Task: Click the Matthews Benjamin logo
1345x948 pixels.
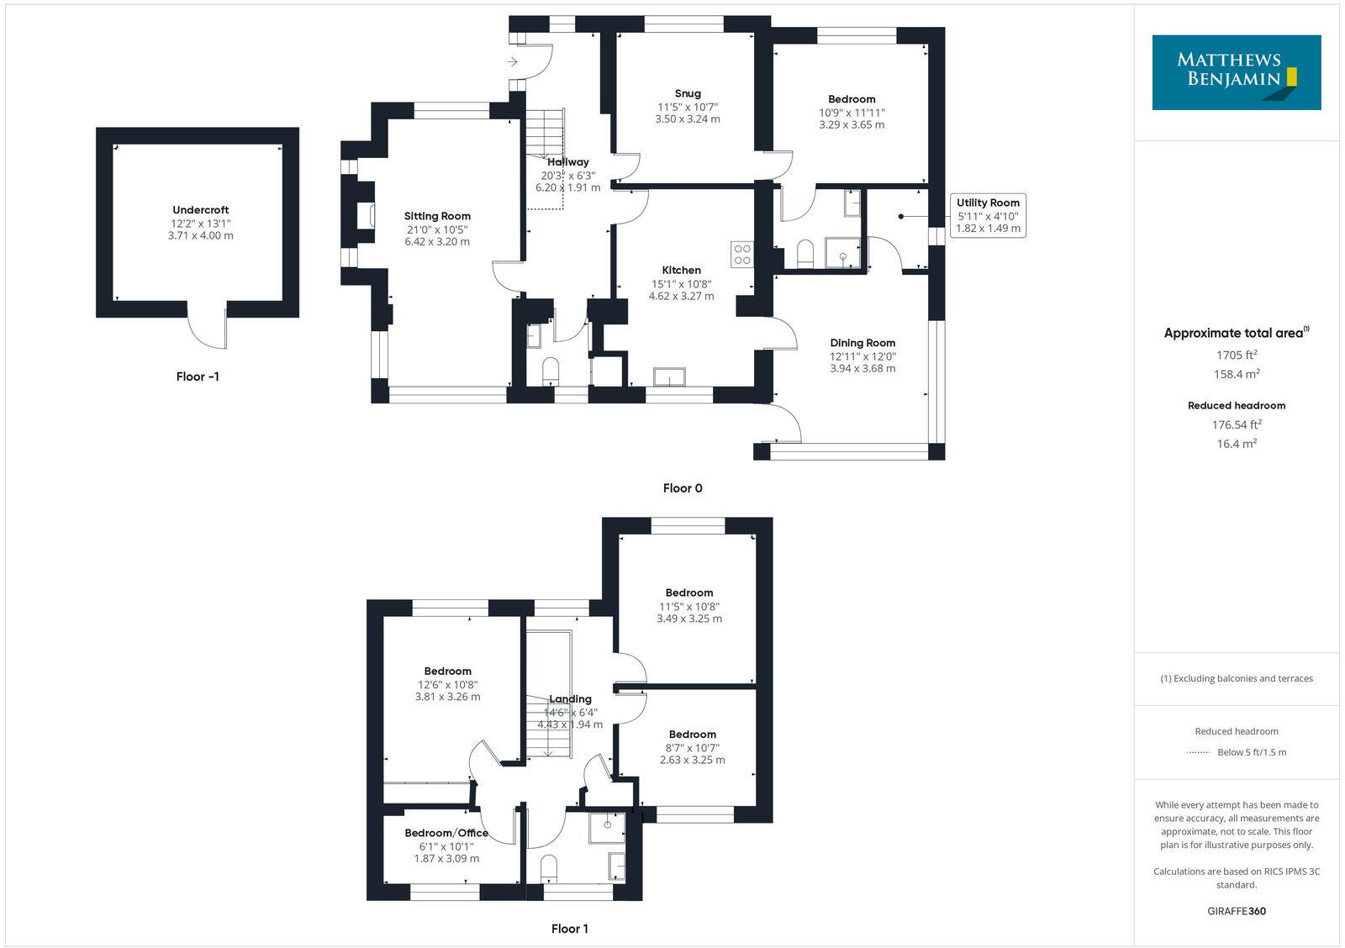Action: (x=1236, y=72)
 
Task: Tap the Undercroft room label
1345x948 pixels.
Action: (x=200, y=210)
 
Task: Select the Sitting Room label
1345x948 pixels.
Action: (x=437, y=216)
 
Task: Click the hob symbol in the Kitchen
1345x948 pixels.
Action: (x=741, y=254)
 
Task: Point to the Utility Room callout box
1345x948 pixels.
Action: (x=988, y=215)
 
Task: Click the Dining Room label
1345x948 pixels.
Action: (x=862, y=343)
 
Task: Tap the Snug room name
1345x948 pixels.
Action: (x=687, y=93)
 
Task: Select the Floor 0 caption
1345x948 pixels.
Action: (x=682, y=488)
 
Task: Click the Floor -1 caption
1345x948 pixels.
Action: (x=198, y=377)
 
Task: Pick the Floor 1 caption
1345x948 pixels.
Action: (x=569, y=929)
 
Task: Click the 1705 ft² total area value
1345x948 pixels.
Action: (x=1236, y=355)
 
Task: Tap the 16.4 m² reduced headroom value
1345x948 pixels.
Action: (x=1236, y=444)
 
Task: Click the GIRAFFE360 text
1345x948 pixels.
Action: (x=1236, y=911)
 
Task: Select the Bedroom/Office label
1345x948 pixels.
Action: (x=446, y=833)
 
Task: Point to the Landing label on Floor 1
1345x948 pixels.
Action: (x=570, y=699)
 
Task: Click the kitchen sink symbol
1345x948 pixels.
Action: (x=670, y=377)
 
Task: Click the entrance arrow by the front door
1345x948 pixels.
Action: (x=513, y=61)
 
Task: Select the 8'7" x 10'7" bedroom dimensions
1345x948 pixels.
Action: (x=692, y=748)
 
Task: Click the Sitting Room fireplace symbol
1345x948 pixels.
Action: (x=365, y=215)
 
